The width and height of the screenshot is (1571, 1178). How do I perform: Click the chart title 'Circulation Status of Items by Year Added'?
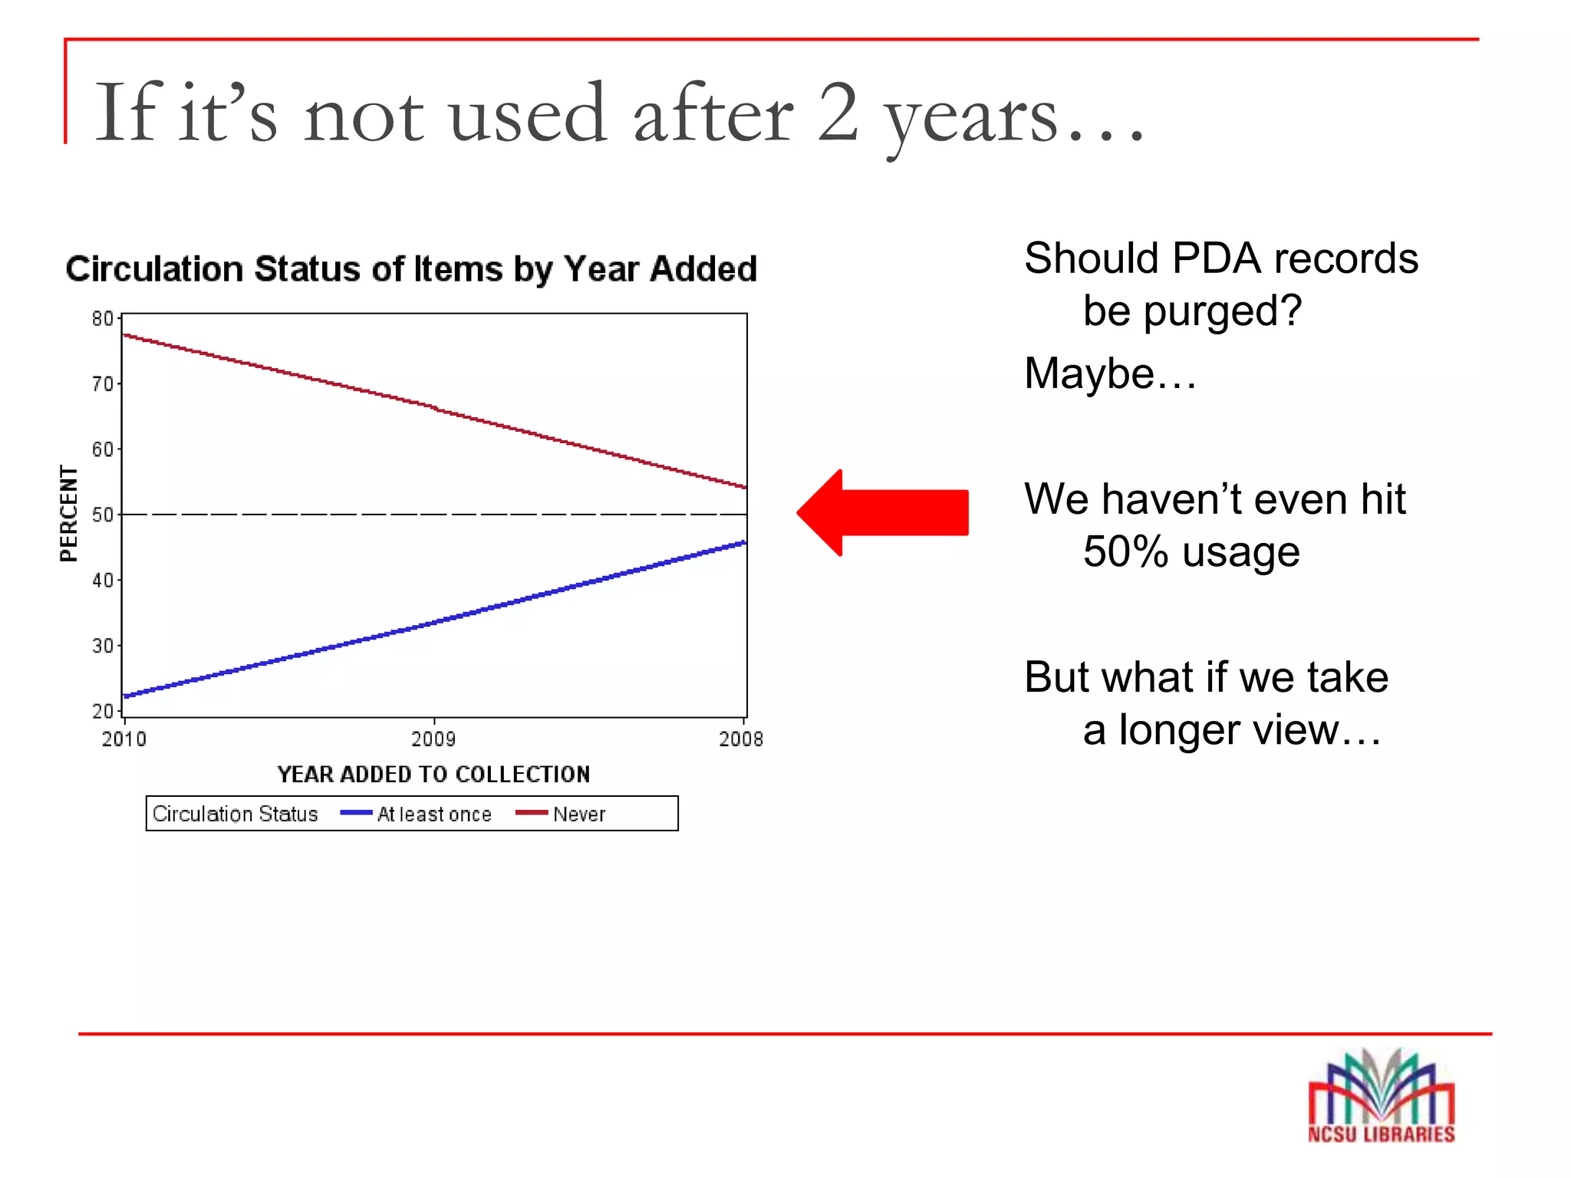pyautogui.click(x=411, y=269)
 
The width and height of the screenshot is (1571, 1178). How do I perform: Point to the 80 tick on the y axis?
pyautogui.click(x=102, y=318)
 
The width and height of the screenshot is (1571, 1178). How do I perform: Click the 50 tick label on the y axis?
pyautogui.click(x=102, y=515)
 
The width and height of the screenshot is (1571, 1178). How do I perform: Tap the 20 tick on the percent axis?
pyautogui.click(x=102, y=711)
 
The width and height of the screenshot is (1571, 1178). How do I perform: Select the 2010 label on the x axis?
pyautogui.click(x=124, y=739)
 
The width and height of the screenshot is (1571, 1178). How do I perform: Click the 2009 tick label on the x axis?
pyautogui.click(x=433, y=739)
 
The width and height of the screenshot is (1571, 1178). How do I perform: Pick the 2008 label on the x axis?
pyautogui.click(x=741, y=739)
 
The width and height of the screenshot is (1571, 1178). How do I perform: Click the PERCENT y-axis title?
pyautogui.click(x=69, y=513)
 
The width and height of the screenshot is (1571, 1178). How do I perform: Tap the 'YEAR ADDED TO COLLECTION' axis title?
pyautogui.click(x=433, y=774)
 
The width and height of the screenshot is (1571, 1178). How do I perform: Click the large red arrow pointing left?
pyautogui.click(x=882, y=512)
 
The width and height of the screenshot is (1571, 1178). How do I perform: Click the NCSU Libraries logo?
pyautogui.click(x=1381, y=1097)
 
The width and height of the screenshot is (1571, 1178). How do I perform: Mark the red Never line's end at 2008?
pyautogui.click(x=745, y=487)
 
